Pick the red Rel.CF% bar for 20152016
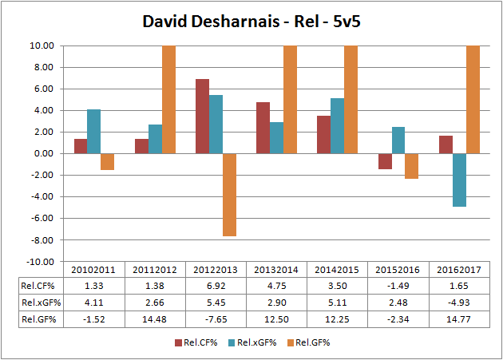[385, 161]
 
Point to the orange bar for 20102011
[107, 161]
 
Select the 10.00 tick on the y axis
[41, 45]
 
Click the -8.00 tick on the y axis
[39, 240]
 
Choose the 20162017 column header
[460, 270]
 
